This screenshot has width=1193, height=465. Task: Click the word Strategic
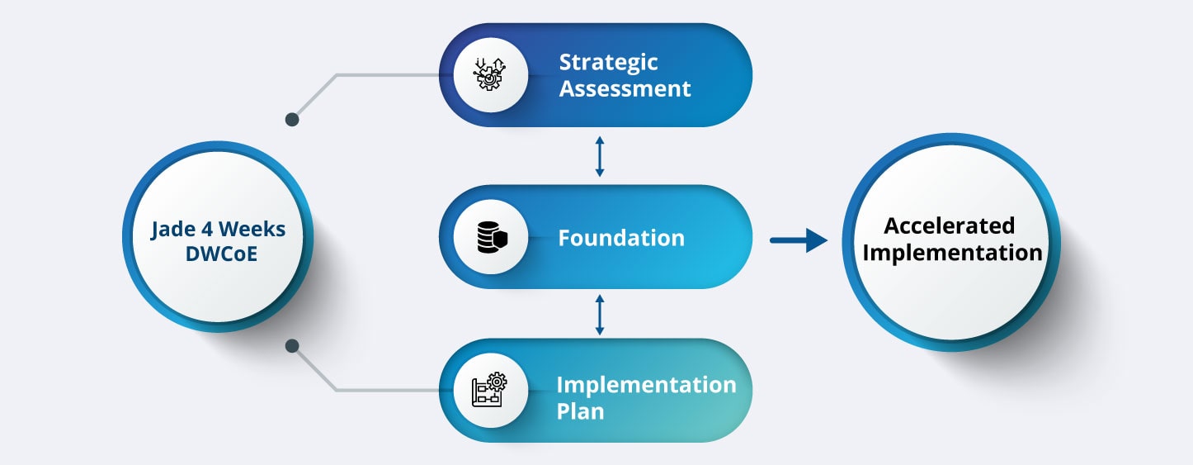point(608,63)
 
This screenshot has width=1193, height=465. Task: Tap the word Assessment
point(625,89)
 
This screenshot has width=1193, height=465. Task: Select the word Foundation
point(621,239)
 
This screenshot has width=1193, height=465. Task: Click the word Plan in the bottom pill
point(580,411)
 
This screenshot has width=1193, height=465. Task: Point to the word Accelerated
point(950,225)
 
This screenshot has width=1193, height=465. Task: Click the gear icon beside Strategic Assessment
point(490,75)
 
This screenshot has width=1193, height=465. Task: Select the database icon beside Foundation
point(490,239)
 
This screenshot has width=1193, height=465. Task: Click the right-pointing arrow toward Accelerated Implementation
point(798,240)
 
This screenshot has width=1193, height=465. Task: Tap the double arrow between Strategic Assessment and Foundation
point(600,157)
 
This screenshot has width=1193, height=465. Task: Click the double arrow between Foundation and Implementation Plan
point(600,314)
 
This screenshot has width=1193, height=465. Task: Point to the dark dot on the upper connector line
point(291,120)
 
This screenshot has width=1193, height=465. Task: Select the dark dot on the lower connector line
point(291,346)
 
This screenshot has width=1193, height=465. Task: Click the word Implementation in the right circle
point(952,253)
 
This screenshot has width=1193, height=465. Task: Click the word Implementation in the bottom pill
point(646,385)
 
